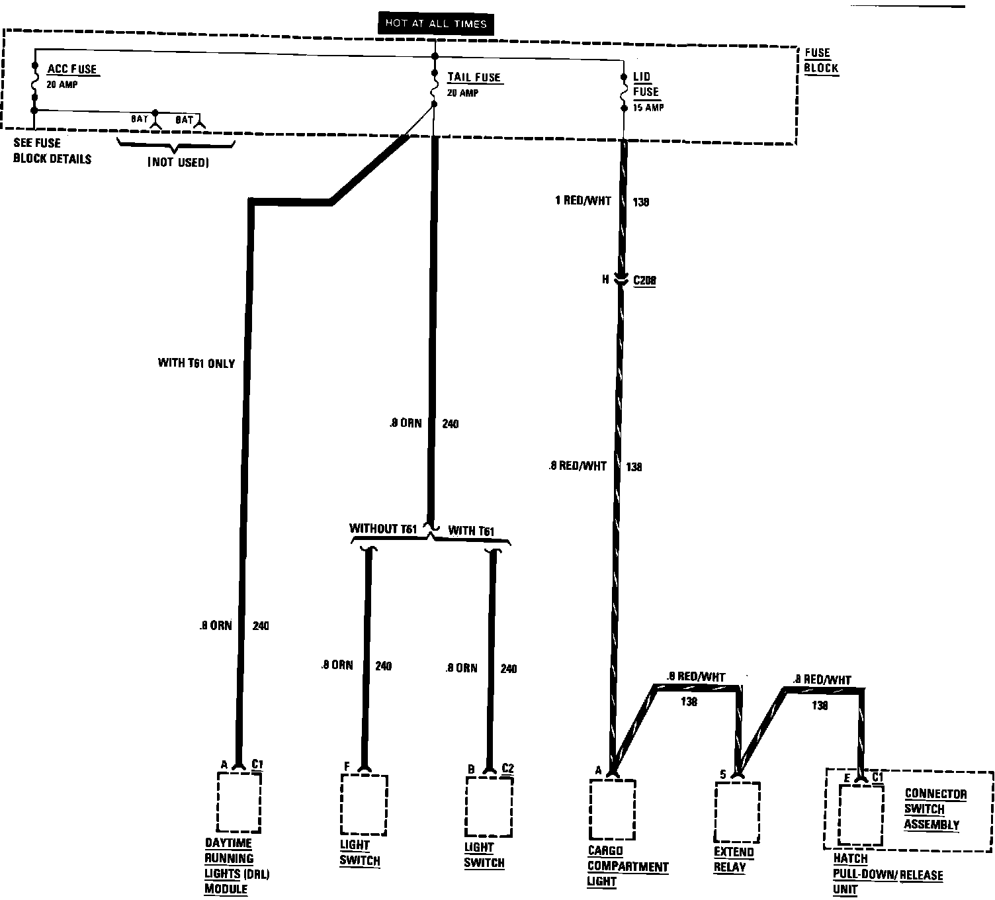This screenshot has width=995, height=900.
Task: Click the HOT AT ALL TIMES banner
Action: tap(435, 24)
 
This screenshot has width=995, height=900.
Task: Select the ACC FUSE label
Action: tap(71, 69)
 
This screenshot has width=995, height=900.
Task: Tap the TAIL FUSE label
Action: tap(474, 77)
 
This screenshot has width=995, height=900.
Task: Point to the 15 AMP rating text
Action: tap(648, 107)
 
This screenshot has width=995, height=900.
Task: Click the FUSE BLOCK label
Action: tap(821, 60)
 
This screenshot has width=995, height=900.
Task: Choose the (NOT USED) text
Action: tap(178, 162)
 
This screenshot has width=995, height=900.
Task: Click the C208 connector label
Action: tap(644, 281)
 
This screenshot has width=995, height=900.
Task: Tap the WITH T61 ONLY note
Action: tap(196, 363)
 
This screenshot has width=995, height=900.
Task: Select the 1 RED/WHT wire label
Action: tap(583, 201)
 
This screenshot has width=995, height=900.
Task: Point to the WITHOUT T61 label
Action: tap(383, 529)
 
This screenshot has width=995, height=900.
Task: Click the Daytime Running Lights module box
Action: tap(239, 802)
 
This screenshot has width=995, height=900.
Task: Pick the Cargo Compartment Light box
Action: tap(612, 809)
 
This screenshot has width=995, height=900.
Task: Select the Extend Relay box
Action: tap(737, 811)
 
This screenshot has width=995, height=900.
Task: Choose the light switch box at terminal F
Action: tap(363, 805)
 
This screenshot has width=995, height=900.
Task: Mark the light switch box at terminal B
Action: tap(489, 807)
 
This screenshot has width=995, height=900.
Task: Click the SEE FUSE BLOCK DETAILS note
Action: tap(52, 151)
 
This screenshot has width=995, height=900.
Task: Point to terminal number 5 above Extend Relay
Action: tap(723, 774)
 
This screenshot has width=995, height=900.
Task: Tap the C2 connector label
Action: tap(507, 768)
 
